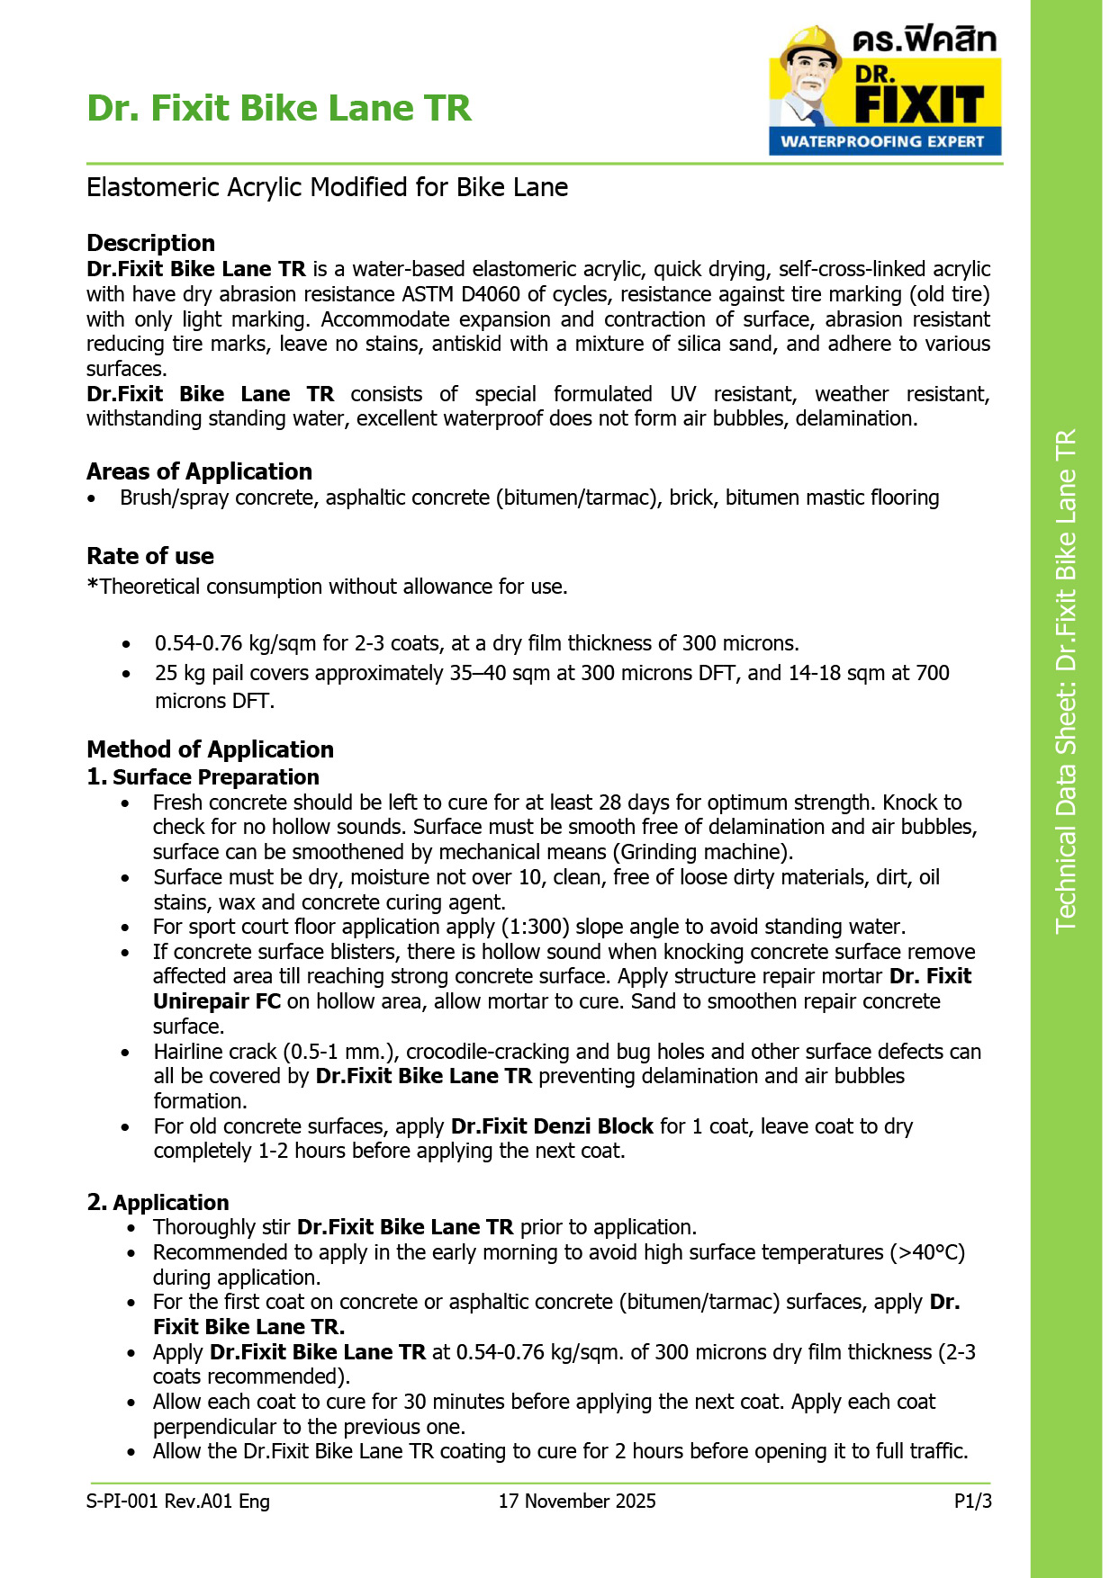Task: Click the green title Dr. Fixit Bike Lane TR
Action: click(279, 108)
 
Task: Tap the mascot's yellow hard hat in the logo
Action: click(809, 40)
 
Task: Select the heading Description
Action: click(150, 243)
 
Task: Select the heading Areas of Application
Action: click(199, 471)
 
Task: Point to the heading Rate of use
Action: click(150, 556)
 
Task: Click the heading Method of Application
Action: click(210, 749)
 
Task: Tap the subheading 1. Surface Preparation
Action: click(203, 777)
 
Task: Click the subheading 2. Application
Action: click(158, 1203)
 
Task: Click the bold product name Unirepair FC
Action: click(217, 1001)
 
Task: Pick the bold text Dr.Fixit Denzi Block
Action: click(552, 1126)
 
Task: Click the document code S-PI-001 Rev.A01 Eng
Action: click(178, 1501)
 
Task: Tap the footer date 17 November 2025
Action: click(577, 1501)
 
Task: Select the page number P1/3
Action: click(972, 1501)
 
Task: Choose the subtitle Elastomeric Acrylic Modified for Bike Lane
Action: click(328, 187)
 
